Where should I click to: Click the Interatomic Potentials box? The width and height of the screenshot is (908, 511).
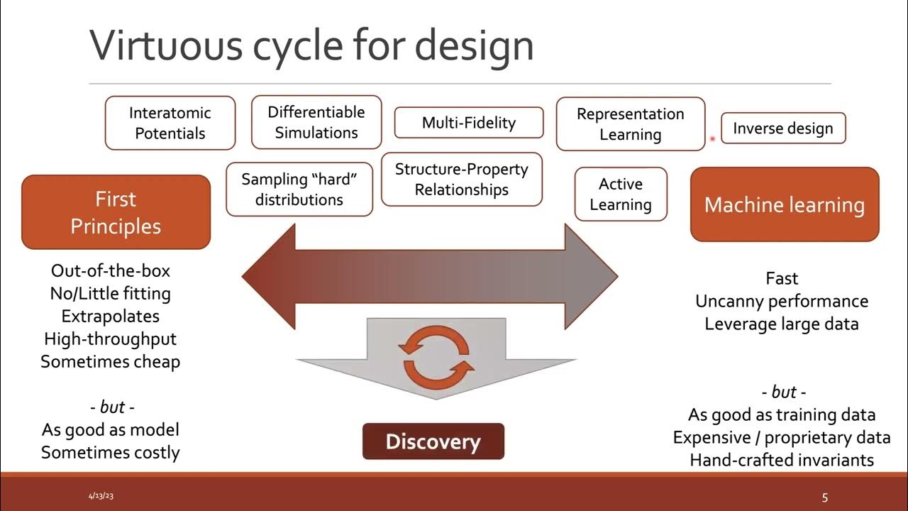pyautogui.click(x=170, y=123)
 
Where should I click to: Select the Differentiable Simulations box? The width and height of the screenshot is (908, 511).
pyautogui.click(x=316, y=122)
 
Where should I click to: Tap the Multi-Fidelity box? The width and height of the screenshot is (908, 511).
pyautogui.click(x=469, y=123)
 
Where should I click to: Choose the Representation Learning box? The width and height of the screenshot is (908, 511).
pyautogui.click(x=631, y=123)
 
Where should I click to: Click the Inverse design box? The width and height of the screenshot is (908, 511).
pyautogui.click(x=783, y=128)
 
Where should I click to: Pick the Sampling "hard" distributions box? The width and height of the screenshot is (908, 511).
pyautogui.click(x=299, y=189)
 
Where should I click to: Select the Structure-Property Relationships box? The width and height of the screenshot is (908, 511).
pyautogui.click(x=461, y=180)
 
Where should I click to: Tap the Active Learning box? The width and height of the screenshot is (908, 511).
pyautogui.click(x=621, y=194)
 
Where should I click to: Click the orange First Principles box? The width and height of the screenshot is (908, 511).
pyautogui.click(x=116, y=212)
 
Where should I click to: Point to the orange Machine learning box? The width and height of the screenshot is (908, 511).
pyautogui.click(x=785, y=204)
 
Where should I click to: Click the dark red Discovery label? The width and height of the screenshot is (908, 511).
pyautogui.click(x=433, y=441)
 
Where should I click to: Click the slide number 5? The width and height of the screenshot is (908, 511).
pyautogui.click(x=825, y=498)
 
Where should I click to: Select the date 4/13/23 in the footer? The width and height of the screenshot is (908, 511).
pyautogui.click(x=101, y=495)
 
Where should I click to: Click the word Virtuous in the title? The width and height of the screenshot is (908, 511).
pyautogui.click(x=166, y=45)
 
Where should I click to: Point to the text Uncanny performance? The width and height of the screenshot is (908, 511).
pyautogui.click(x=782, y=302)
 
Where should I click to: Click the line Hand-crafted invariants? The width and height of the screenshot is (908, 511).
pyautogui.click(x=782, y=461)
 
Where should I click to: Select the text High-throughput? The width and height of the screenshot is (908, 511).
pyautogui.click(x=110, y=339)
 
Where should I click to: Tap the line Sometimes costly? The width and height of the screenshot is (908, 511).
pyautogui.click(x=110, y=453)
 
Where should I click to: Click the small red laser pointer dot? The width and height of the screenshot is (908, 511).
pyautogui.click(x=712, y=139)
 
